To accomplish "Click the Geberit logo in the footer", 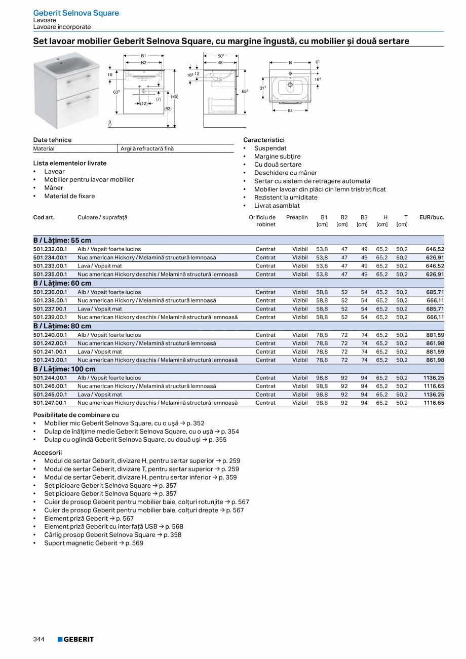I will [75, 639].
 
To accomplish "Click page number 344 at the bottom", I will [39, 639].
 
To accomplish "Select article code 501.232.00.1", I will [50, 249].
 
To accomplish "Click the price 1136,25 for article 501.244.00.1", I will [434, 378].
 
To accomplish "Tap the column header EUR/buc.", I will [432, 217].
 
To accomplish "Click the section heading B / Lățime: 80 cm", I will [62, 326].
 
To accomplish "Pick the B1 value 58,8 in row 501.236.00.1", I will [322, 292].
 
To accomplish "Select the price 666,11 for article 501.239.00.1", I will [435, 317].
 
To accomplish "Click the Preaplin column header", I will [297, 217].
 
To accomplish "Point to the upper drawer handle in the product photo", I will [78, 77].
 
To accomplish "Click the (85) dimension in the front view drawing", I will [175, 96].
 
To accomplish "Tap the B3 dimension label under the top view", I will [290, 110].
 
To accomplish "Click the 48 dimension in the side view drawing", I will [220, 63].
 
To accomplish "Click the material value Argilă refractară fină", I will [147, 149].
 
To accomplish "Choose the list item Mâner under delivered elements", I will [54, 188].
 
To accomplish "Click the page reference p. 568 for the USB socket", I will [174, 527].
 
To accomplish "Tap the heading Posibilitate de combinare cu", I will [76, 415].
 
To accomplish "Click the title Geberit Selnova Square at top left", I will [76, 13].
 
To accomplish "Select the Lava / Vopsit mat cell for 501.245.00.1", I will [100, 395].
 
